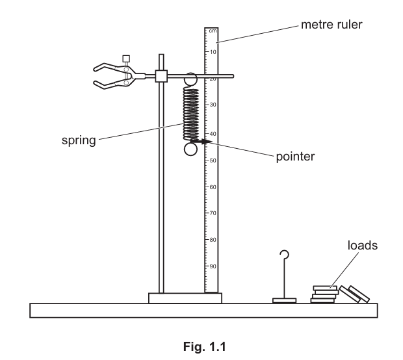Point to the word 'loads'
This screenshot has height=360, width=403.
(363, 246)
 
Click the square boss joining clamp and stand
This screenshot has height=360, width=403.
(162, 76)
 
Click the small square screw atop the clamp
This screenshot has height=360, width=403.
(126, 58)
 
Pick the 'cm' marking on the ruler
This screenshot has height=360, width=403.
(212, 31)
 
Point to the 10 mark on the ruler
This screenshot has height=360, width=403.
(213, 51)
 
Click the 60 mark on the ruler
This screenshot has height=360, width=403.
(213, 186)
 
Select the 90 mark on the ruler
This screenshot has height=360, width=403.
(213, 266)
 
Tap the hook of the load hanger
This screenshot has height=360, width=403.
(284, 255)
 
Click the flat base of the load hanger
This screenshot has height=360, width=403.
(284, 300)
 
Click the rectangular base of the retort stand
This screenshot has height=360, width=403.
(185, 298)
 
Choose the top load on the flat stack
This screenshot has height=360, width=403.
(325, 287)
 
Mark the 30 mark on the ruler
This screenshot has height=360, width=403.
(213, 105)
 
